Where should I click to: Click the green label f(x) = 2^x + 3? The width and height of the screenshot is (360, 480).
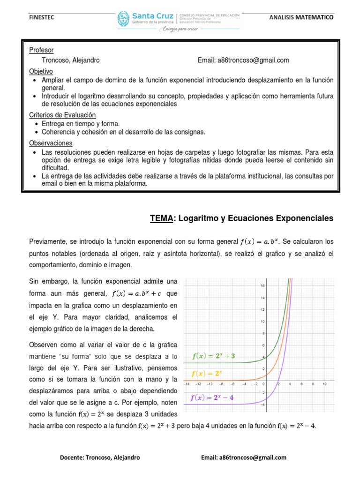pos(214,356)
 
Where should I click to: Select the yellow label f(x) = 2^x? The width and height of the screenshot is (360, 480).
pos(206,374)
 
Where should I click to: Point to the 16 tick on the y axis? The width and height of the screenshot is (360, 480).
pos(263,285)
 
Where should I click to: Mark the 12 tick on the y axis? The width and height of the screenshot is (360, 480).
pos(263,309)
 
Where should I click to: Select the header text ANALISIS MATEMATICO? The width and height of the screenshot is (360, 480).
pos(302,17)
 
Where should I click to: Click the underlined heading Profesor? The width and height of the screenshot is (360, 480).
pos(41,50)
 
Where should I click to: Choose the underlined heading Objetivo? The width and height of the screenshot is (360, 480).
pos(41,71)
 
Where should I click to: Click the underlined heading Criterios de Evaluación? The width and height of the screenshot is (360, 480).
pos(62,115)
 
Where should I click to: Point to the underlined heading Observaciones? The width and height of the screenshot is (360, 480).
pos(51,143)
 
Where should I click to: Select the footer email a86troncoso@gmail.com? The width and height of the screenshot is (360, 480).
pos(243,457)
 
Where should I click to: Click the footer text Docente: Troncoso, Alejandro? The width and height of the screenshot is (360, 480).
pos(100,457)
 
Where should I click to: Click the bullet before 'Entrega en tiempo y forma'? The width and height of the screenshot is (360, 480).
pos(37,124)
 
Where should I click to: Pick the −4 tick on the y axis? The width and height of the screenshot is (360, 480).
pos(263,405)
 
